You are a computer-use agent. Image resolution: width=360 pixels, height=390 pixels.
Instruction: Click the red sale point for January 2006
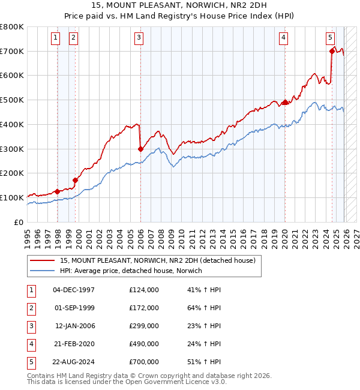click(x=140, y=149)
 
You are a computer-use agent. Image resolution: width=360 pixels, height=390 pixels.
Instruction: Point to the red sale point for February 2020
click(x=285, y=102)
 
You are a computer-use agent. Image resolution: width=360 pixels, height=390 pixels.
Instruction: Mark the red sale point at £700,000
click(x=332, y=51)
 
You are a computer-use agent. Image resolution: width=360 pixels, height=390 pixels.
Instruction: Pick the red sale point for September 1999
click(x=76, y=179)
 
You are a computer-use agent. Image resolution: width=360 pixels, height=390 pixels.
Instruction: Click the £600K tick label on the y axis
click(x=12, y=76)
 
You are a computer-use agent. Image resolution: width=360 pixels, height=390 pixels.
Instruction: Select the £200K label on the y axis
click(x=12, y=173)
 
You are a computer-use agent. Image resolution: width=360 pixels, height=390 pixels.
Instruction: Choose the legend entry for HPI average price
click(x=131, y=271)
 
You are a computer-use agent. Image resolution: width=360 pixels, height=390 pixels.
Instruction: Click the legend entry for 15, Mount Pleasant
click(x=158, y=260)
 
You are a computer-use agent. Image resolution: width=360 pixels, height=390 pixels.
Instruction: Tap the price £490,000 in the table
click(x=143, y=344)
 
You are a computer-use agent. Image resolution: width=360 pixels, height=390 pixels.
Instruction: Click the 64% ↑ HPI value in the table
click(x=205, y=308)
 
